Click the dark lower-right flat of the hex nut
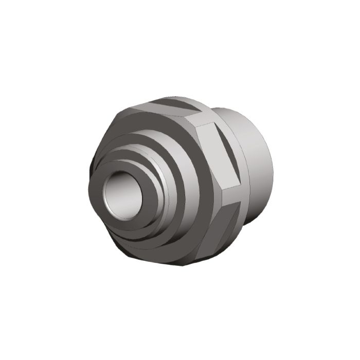pos(216,226)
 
